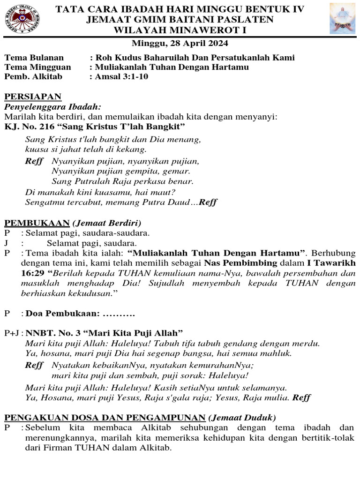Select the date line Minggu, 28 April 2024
(x=180, y=44)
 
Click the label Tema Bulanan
(x=34, y=58)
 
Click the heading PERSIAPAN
(x=33, y=97)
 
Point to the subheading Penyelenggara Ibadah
(x=53, y=107)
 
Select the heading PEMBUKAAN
(x=37, y=223)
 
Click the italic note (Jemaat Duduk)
(x=242, y=417)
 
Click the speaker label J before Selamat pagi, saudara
(x=7, y=243)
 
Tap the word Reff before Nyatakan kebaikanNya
(x=34, y=365)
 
